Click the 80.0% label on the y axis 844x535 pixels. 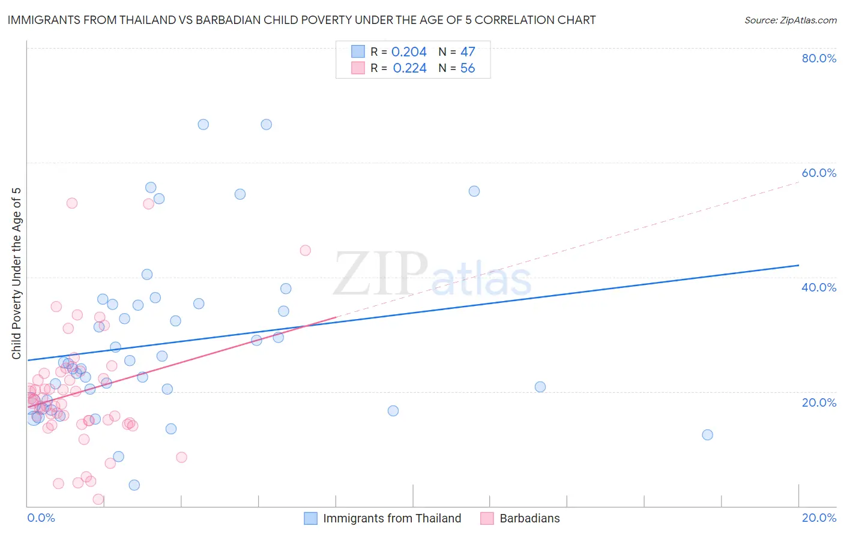point(819,58)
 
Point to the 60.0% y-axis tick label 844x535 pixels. point(819,173)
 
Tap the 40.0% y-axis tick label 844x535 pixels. point(819,287)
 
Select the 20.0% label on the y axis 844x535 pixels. point(819,402)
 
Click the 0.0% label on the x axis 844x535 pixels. point(41,518)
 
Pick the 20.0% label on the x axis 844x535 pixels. point(819,518)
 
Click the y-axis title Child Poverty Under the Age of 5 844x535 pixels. point(16,273)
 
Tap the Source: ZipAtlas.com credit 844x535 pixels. point(790,20)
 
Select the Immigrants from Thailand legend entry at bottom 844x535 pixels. point(392,518)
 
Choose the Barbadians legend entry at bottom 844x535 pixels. point(529,518)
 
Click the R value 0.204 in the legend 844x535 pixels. point(409,52)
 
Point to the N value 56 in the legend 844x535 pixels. point(468,68)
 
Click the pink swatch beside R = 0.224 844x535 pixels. point(358,68)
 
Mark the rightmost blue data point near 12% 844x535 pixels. point(707,435)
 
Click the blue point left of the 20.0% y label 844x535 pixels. point(540,387)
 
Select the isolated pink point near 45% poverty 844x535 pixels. point(305,250)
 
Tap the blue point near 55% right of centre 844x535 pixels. point(474,191)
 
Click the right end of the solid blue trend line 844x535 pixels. point(798,265)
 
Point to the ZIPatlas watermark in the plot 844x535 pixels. point(432,275)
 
